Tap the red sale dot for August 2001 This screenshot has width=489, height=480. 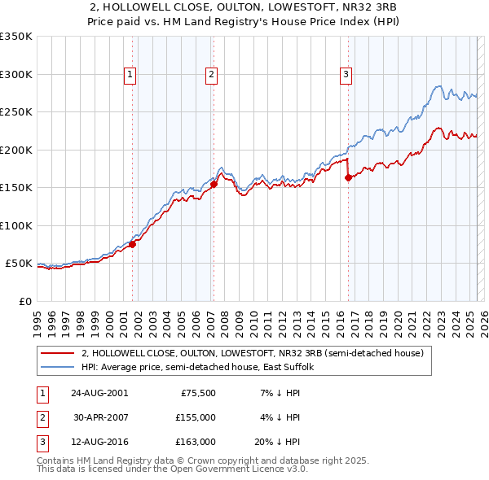pyautogui.click(x=133, y=244)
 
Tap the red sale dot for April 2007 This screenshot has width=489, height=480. pyautogui.click(x=214, y=184)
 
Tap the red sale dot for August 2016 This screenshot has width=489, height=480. pyautogui.click(x=348, y=177)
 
